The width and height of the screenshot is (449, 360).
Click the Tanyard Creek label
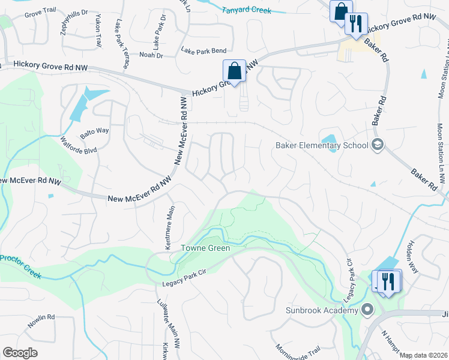click(x=247, y=10)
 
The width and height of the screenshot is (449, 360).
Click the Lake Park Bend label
click(x=204, y=52)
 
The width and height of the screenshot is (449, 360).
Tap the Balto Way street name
click(x=94, y=131)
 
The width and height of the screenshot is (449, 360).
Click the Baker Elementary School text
click(x=322, y=145)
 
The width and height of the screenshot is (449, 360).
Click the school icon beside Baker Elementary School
click(x=378, y=145)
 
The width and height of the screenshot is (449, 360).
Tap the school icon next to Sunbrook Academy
click(x=367, y=310)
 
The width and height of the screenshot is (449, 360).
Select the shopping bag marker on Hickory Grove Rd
click(x=234, y=71)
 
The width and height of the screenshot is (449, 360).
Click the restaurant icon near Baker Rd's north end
click(x=356, y=24)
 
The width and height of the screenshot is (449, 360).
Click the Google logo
click(x=20, y=353)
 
